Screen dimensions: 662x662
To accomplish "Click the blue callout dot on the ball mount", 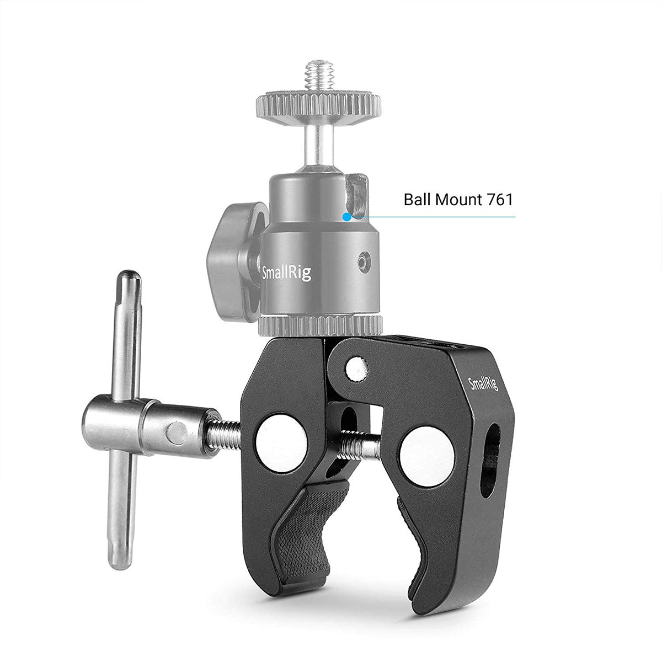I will point(346,217).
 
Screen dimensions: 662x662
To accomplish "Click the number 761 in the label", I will point(500,199).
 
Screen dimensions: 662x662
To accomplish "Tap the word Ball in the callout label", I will point(417,199).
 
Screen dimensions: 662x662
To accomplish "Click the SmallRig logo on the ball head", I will point(286,272).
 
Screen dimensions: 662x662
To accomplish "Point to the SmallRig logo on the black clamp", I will point(483,382).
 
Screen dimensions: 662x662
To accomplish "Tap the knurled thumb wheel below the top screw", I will point(319,103).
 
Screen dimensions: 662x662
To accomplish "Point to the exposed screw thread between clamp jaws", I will point(359,446).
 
